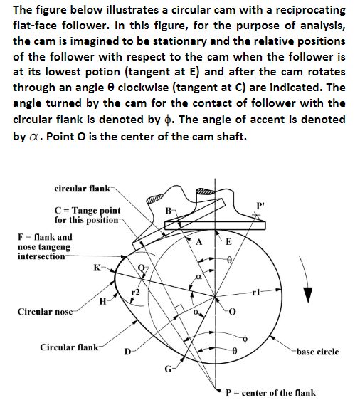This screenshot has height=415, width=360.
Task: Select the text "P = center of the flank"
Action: click(x=270, y=393)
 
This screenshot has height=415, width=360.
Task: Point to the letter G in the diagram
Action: click(x=168, y=368)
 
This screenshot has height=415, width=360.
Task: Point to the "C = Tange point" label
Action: click(x=88, y=211)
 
